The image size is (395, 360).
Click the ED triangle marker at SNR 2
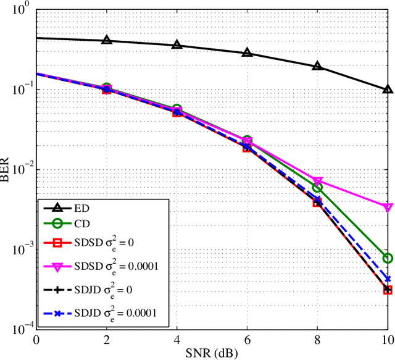[107, 40]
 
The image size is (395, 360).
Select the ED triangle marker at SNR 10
[388, 89]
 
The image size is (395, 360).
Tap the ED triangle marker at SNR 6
[247, 52]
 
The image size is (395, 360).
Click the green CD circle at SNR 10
[388, 258]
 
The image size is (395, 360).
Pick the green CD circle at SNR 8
[317, 187]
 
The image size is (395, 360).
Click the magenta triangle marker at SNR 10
[388, 207]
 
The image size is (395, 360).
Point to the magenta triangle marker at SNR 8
[317, 182]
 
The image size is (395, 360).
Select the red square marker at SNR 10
[388, 290]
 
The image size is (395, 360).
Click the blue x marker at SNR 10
[388, 279]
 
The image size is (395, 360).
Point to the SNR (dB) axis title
[212, 353]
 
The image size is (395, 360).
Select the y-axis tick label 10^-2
[20, 169]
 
